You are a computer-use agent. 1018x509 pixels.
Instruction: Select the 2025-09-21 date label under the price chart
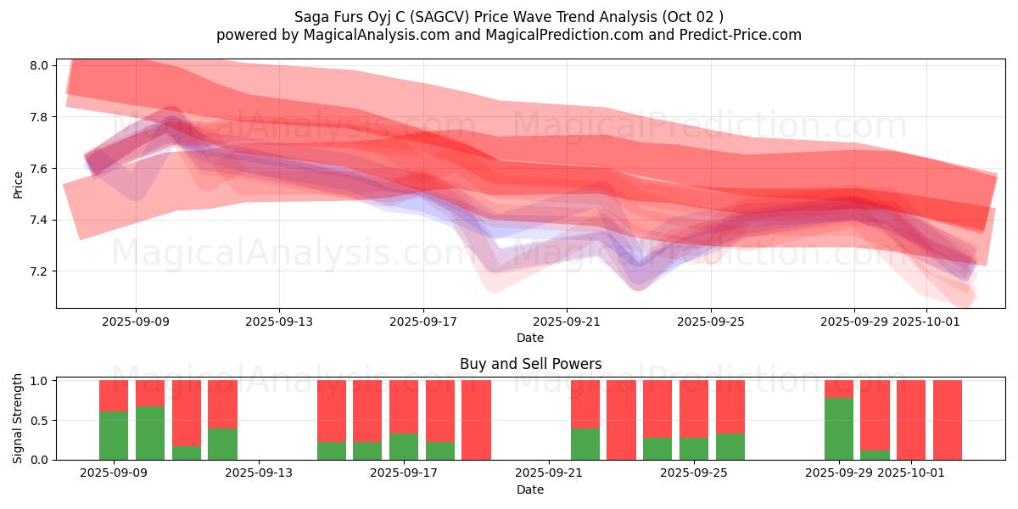pos(567,322)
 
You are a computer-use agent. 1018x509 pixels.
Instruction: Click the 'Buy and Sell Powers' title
pos(530,364)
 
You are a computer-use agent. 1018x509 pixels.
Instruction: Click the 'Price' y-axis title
pos(18,184)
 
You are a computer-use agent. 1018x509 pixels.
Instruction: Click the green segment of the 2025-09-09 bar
pos(114,435)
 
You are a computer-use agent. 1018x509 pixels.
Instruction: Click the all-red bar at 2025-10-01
pos(911,420)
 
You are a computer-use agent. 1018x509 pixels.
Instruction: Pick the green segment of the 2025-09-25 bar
pos(694,448)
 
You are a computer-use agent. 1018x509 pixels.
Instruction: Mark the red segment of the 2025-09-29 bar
pos(839,389)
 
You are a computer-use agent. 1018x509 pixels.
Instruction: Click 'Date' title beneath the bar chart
pos(530,489)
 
